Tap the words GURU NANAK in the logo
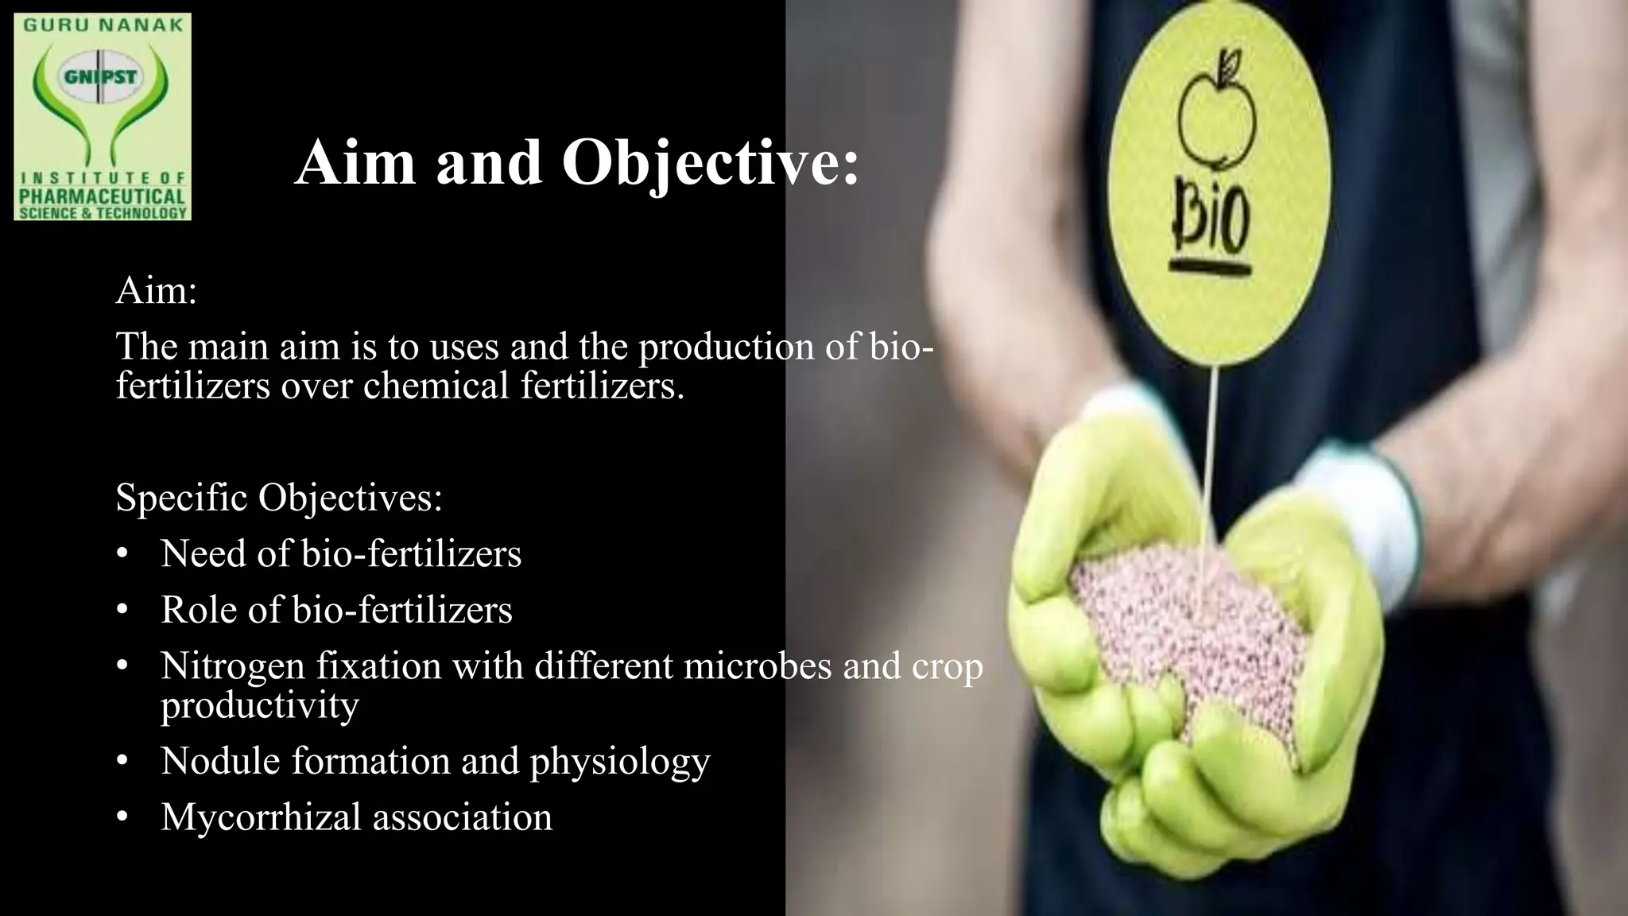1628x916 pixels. click(103, 25)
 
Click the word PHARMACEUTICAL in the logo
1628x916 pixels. click(103, 196)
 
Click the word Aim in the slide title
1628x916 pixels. click(355, 163)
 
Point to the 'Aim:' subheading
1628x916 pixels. click(157, 291)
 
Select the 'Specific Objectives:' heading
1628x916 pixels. click(279, 498)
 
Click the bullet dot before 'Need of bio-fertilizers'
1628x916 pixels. click(122, 554)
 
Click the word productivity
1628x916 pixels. click(259, 704)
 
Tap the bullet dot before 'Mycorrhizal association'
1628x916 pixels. click(122, 817)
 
